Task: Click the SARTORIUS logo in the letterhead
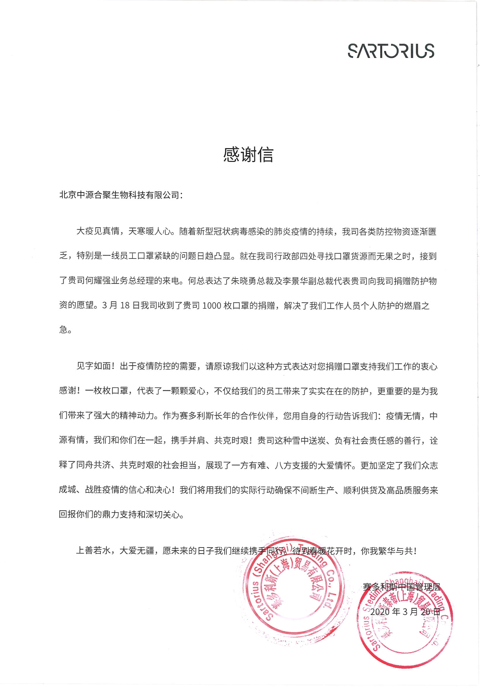tap(391, 51)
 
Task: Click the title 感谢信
tap(248, 155)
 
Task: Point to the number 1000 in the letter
tap(212, 306)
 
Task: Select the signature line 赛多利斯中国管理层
tap(401, 587)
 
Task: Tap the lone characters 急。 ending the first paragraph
tap(65, 330)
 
